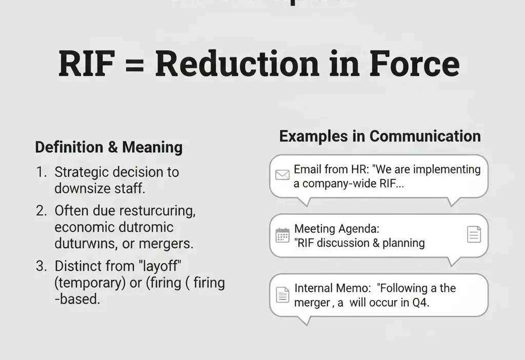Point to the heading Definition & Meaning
(109, 148)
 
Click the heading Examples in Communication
(380, 136)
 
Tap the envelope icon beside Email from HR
(282, 175)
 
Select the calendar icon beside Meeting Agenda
(282, 235)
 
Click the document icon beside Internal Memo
(282, 295)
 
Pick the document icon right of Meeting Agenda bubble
(474, 235)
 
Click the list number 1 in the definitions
(41, 172)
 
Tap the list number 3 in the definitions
(41, 267)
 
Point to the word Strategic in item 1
(81, 172)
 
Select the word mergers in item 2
(170, 244)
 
